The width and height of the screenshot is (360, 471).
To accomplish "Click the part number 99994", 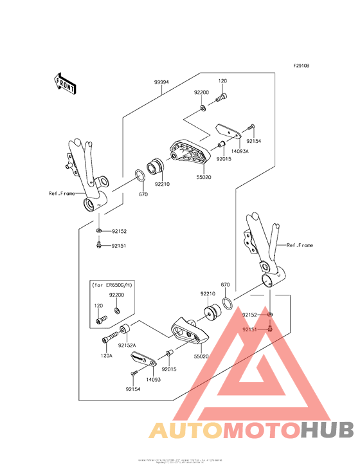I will coord(161,83).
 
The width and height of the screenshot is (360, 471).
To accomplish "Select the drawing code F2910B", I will coord(301,66).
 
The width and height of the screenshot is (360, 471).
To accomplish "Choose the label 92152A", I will coord(127,344).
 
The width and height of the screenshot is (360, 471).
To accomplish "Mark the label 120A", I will coord(106,355).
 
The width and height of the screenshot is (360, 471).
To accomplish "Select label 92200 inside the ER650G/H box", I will coord(116,295).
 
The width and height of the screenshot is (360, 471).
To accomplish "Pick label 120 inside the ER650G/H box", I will coord(98,306).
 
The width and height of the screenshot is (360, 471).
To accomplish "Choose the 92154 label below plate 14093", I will coord(133,389).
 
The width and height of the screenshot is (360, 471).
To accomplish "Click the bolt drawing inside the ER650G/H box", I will coord(101,319).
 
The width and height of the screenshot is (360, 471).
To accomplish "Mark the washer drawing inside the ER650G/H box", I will coord(116,311).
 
